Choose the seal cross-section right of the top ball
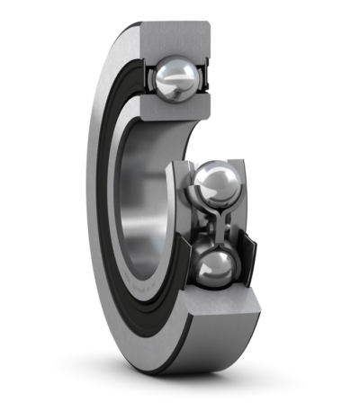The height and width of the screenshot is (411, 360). (206, 79)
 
